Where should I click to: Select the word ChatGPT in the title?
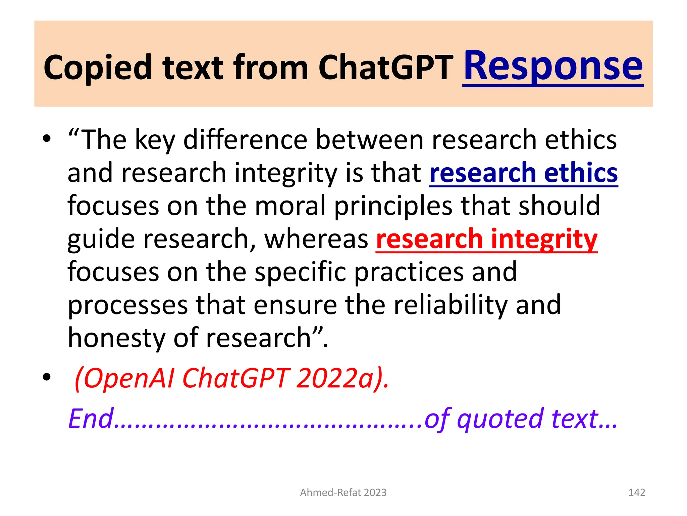(x=386, y=68)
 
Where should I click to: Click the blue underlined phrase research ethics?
(x=523, y=173)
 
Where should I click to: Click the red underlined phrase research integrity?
(x=486, y=239)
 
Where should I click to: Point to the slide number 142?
(x=636, y=492)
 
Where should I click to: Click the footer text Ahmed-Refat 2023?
(x=343, y=492)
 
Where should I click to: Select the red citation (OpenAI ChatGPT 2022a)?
(x=231, y=378)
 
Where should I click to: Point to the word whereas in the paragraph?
(x=316, y=239)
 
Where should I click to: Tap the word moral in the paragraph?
(x=290, y=206)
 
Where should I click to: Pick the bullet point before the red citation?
(x=47, y=377)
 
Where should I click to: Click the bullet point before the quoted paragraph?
(x=47, y=138)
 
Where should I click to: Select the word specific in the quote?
(x=300, y=272)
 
